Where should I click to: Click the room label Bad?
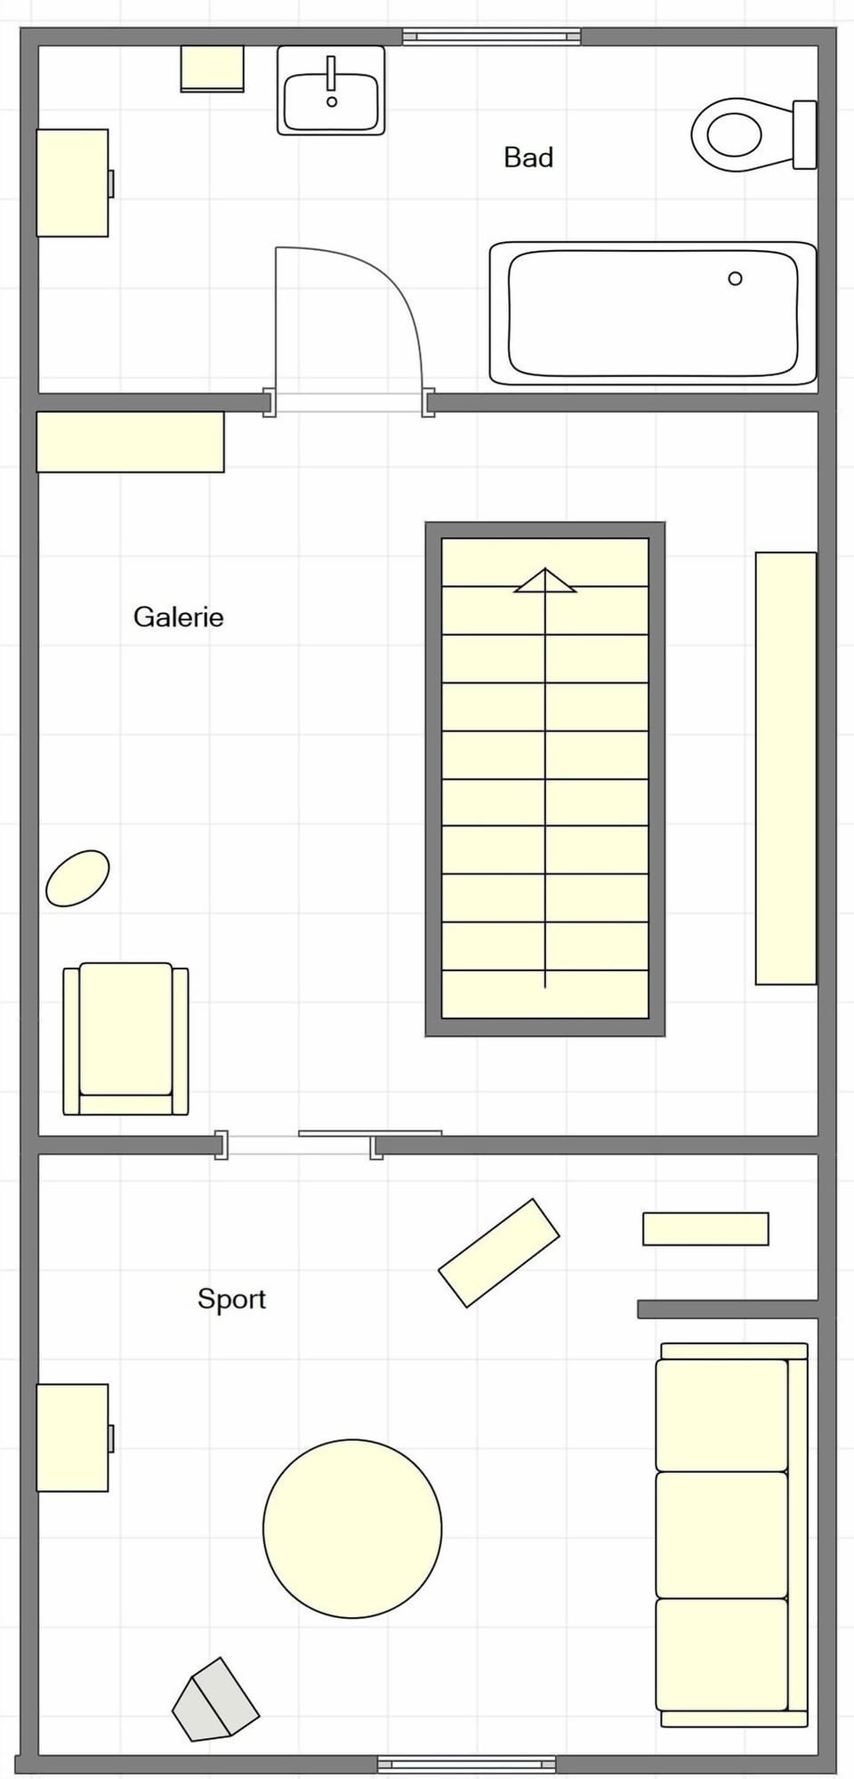[x=528, y=157]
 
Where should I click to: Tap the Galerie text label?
[x=178, y=617]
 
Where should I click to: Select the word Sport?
[x=231, y=1299]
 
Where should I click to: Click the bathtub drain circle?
[x=735, y=278]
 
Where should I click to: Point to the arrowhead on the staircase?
[x=545, y=581]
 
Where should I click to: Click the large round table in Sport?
[x=352, y=1528]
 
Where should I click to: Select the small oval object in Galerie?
[x=77, y=878]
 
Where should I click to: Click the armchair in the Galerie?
[x=125, y=1038]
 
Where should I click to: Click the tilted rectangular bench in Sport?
[x=499, y=1252]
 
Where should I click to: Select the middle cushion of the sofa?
[x=721, y=1534]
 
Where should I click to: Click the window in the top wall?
[x=491, y=36]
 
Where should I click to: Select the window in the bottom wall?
[x=466, y=1763]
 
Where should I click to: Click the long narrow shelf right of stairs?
[x=786, y=768]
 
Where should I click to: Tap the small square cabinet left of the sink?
[x=213, y=68]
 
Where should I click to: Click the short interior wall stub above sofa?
[x=727, y=1308]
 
